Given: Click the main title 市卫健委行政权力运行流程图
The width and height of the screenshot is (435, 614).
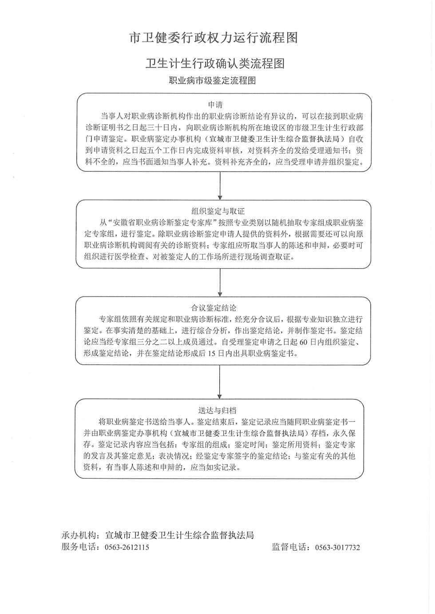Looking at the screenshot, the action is pyautogui.click(x=213, y=38).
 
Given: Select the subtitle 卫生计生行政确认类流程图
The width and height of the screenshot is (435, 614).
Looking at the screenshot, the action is pyautogui.click(x=215, y=63).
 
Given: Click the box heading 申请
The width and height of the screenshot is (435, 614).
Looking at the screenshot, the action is pyautogui.click(x=215, y=105).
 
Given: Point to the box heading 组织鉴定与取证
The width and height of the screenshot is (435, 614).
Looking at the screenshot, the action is pyautogui.click(x=218, y=211).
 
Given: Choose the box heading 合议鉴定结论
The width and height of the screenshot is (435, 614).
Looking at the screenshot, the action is pyautogui.click(x=214, y=308).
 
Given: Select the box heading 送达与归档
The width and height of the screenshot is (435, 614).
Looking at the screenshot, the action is pyautogui.click(x=217, y=410).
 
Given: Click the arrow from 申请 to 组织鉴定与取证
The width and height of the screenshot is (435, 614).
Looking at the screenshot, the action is pyautogui.click(x=220, y=186).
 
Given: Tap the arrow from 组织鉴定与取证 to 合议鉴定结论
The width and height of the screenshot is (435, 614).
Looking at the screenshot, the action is pyautogui.click(x=220, y=282).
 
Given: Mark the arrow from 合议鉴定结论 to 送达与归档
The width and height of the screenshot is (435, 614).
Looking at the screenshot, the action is pyautogui.click(x=220, y=382).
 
